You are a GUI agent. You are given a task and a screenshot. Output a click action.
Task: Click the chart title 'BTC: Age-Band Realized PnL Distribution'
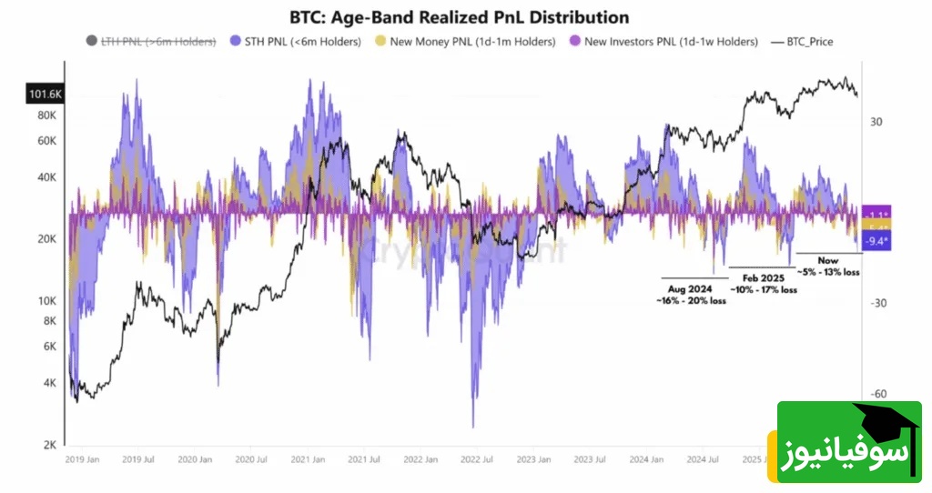(x=459, y=17)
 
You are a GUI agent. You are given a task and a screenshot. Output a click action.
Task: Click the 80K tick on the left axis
(x=46, y=116)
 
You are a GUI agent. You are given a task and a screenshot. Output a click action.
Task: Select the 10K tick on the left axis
(x=46, y=301)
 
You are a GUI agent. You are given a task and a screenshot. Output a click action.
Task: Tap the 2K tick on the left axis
(x=49, y=446)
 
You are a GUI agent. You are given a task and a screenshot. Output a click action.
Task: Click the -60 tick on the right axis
(x=877, y=395)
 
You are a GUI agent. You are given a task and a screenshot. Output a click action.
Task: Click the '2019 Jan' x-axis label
(x=84, y=460)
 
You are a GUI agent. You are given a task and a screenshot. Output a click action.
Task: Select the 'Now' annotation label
(x=828, y=261)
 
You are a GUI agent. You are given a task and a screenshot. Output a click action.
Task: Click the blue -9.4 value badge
(x=877, y=241)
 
